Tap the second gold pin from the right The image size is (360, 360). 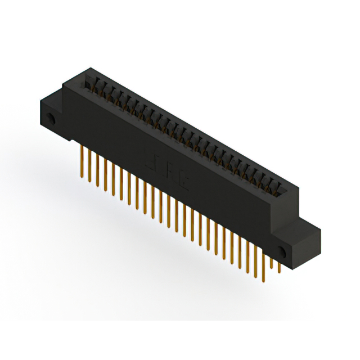click(x=271, y=264)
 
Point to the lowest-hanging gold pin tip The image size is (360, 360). click(x=263, y=279)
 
